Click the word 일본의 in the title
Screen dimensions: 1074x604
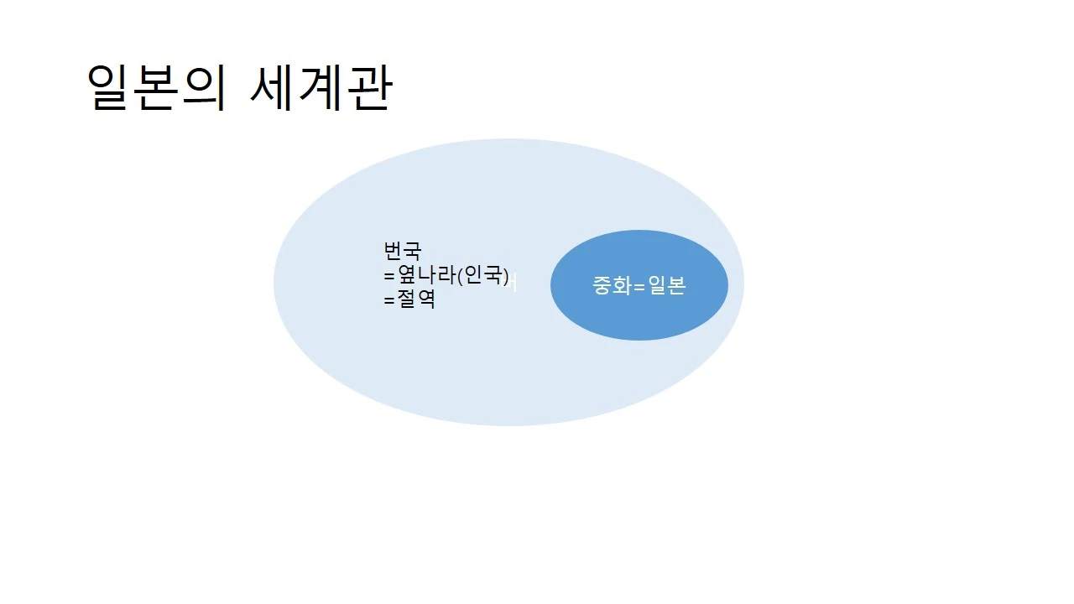point(156,88)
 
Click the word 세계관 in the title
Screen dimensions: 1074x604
point(321,88)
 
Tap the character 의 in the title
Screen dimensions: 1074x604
point(205,88)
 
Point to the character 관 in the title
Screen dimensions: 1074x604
point(368,88)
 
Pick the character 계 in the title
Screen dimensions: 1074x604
point(321,88)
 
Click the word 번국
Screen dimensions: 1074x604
point(402,251)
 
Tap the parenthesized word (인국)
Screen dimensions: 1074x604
point(482,274)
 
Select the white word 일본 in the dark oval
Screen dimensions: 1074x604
point(667,286)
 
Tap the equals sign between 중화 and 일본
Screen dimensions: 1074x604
point(639,287)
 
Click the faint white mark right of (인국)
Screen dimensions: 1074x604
point(514,284)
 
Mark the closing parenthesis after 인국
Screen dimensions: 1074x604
point(506,275)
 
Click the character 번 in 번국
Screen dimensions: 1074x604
point(393,251)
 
